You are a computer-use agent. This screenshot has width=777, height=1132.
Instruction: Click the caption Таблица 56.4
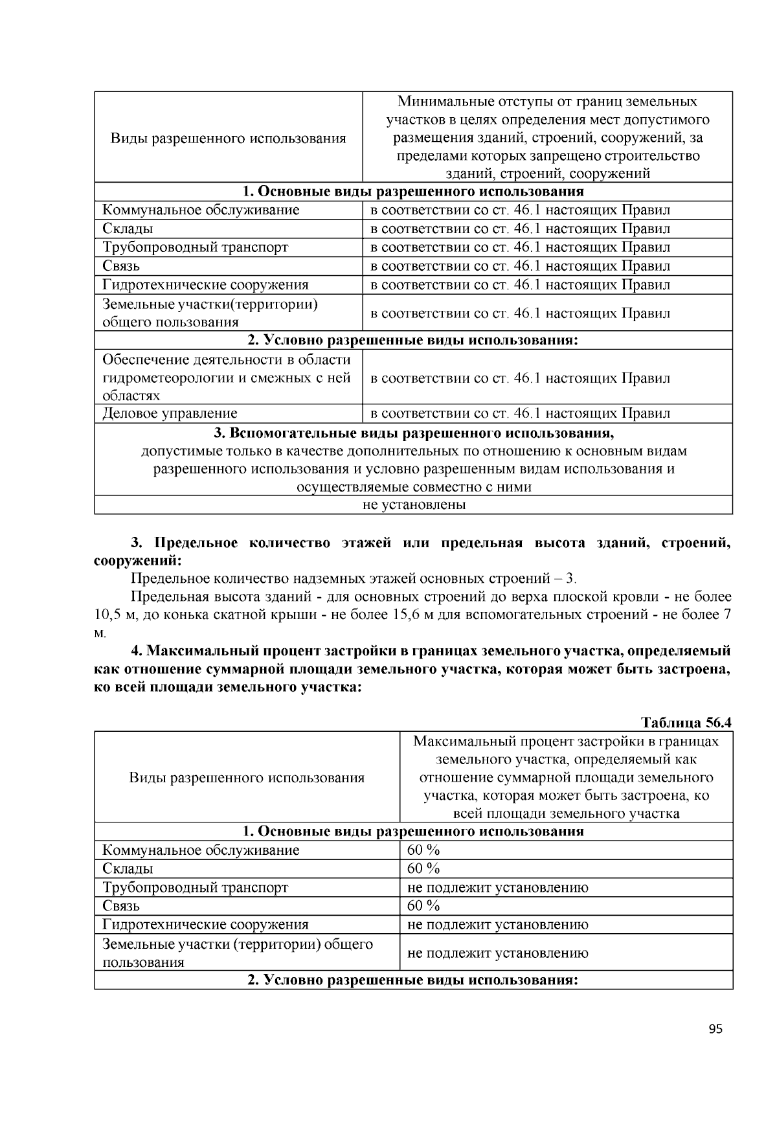(x=686, y=722)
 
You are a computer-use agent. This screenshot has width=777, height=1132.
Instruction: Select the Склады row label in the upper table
(x=128, y=229)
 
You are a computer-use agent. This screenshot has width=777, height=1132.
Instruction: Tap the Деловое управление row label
(x=170, y=413)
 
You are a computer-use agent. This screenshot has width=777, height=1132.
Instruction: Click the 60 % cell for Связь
(x=423, y=905)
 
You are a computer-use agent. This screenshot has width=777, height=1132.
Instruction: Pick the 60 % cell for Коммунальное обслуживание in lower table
(x=423, y=850)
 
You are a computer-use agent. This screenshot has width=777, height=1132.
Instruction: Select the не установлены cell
(x=414, y=504)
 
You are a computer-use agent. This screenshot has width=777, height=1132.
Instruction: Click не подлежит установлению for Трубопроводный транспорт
(x=497, y=887)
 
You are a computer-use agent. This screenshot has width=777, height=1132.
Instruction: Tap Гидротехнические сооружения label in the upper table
(x=205, y=284)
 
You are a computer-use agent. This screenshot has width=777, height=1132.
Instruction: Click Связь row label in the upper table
(x=121, y=266)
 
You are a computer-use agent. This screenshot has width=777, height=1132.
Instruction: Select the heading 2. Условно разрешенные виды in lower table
(x=413, y=980)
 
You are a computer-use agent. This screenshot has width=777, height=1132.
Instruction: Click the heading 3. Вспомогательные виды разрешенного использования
(x=413, y=432)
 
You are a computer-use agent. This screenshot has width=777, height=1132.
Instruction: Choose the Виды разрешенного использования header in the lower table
(x=247, y=777)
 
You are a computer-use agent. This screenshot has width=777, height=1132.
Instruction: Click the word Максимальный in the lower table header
(x=458, y=741)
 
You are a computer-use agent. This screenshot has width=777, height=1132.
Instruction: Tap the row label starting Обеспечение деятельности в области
(x=227, y=359)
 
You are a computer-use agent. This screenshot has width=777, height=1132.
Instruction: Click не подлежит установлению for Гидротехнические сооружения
(x=497, y=924)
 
